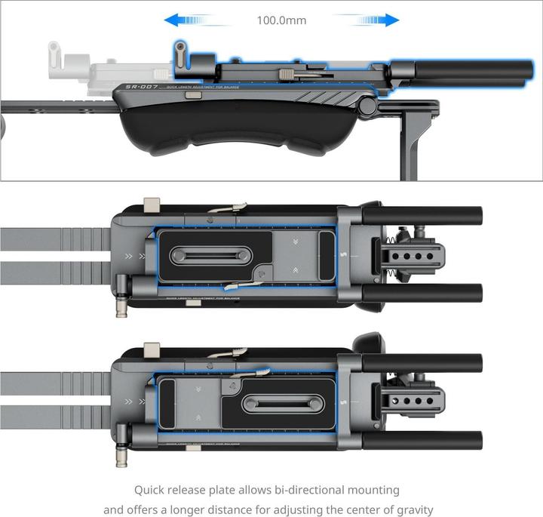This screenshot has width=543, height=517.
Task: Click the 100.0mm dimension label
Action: point(281,20)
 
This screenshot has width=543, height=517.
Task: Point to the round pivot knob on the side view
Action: point(367,106)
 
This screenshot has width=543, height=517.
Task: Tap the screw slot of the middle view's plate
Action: point(213,257)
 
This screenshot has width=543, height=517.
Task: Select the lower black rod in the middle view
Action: point(422,291)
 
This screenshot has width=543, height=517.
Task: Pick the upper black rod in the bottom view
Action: point(422,361)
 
